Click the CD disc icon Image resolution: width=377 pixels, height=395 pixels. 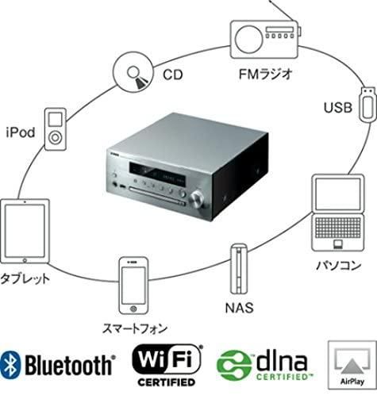click(x=133, y=71)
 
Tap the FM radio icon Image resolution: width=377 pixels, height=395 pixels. click(x=265, y=39)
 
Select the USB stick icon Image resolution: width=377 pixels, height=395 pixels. click(x=367, y=104)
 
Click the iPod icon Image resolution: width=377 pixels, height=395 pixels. click(x=56, y=129)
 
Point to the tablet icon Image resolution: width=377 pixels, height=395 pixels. click(x=25, y=231)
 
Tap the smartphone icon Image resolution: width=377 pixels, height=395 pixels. click(x=133, y=286)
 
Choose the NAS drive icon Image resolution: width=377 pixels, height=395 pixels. click(x=239, y=269)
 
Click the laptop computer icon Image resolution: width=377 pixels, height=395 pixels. click(x=338, y=213)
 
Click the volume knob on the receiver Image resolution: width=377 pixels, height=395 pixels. click(x=197, y=198)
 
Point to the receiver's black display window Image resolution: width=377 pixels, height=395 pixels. click(x=157, y=173)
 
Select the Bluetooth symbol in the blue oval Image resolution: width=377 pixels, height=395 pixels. click(x=10, y=365)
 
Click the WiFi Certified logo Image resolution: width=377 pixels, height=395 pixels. click(x=167, y=365)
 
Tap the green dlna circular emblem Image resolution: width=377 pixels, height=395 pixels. click(x=233, y=365)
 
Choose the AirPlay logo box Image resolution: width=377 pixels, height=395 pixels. click(x=352, y=365)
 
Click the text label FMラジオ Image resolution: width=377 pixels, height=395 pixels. click(x=265, y=74)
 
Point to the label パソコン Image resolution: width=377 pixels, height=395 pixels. click(x=339, y=265)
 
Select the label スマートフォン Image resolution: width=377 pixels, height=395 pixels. click(x=135, y=328)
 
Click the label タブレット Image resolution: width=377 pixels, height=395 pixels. click(x=25, y=278)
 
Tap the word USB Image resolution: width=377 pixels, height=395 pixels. click(x=338, y=108)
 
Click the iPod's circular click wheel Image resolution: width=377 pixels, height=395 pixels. click(x=56, y=137)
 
